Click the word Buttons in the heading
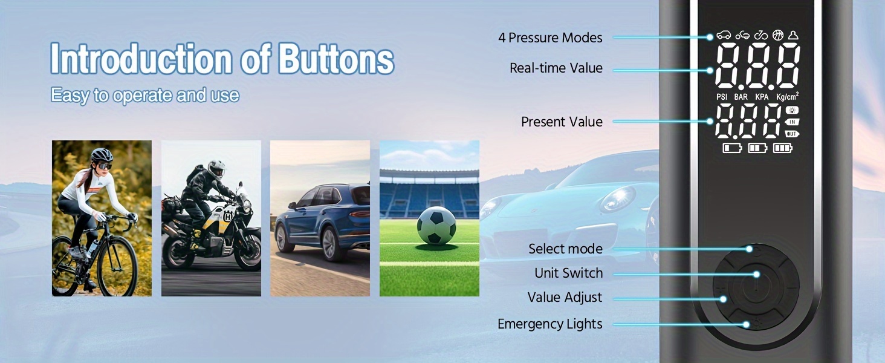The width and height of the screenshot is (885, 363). coord(336,59)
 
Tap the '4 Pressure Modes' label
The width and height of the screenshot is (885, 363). coord(550,38)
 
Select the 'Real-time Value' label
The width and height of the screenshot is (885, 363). coord(556,68)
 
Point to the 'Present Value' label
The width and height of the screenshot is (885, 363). coord(562,122)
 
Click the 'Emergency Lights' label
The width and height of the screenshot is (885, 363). coord(549,324)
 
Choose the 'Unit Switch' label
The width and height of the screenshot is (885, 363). coord(568,273)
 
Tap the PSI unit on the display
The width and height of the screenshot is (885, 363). coord(721,97)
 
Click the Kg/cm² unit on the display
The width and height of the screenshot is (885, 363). coord(787,96)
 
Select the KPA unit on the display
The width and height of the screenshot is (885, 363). coord(762,97)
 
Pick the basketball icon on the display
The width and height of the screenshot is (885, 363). coord(778,35)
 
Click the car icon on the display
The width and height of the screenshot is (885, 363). coord(724,35)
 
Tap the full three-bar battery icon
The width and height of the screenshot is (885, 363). coord(783,148)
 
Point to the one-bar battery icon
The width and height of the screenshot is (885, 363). coord(732,148)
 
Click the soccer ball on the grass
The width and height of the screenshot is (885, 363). coord(436,225)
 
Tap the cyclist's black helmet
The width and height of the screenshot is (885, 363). coord(102,154)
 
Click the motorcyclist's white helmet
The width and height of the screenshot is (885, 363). coord(216,169)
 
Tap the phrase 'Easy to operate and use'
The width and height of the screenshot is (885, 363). coord(145,96)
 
